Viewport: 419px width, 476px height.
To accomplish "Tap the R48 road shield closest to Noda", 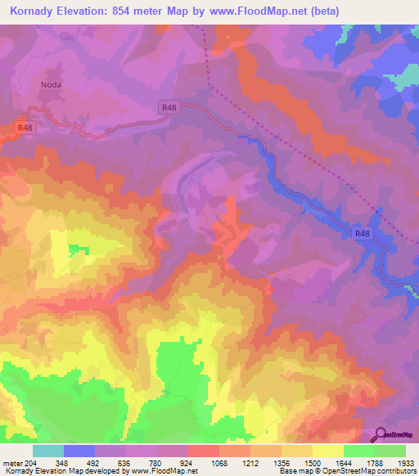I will [x=25, y=128].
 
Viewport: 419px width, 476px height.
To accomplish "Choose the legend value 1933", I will [x=406, y=464].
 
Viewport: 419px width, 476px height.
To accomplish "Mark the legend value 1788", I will [x=375, y=464].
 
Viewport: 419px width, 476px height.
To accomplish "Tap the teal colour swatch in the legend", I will [x=48, y=451].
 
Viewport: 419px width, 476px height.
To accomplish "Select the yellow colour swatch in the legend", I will [x=328, y=451].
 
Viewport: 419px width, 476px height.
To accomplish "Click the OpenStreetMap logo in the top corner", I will [x=396, y=83].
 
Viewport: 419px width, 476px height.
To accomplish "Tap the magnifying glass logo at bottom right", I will [x=381, y=434].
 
